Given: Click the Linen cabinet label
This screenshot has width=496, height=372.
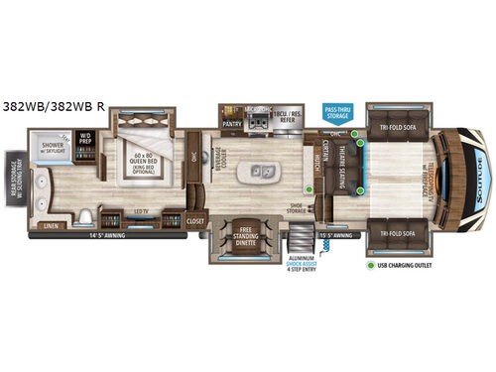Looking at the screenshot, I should (50, 224).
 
